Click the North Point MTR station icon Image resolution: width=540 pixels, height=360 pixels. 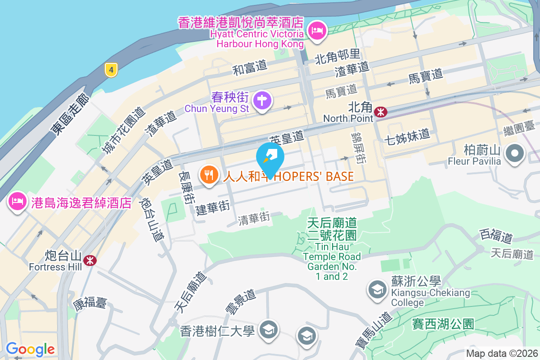pyautogui.click(x=381, y=112)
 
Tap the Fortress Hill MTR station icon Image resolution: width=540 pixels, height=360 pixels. pyautogui.click(x=90, y=260)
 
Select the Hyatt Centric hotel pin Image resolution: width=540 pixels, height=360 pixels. pyautogui.click(x=318, y=31)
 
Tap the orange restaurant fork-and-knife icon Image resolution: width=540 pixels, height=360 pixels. pyautogui.click(x=208, y=175)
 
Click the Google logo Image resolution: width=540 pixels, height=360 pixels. pyautogui.click(x=30, y=349)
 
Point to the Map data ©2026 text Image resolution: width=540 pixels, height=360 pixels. pyautogui.click(x=501, y=354)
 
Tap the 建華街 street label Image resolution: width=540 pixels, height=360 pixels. pyautogui.click(x=213, y=207)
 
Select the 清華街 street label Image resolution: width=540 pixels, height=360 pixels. pyautogui.click(x=254, y=219)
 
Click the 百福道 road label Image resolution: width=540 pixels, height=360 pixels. pyautogui.click(x=496, y=235)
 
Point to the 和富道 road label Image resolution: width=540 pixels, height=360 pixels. pyautogui.click(x=250, y=68)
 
